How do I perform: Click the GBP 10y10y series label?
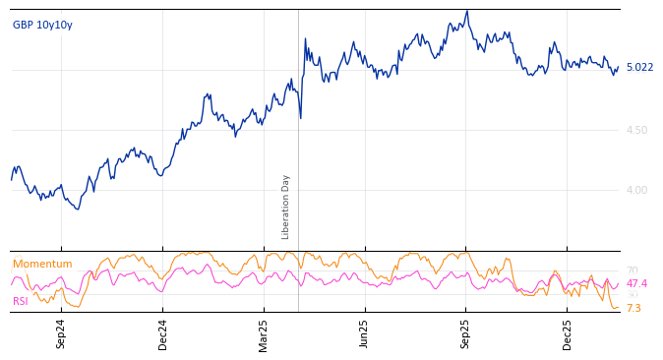[x=42, y=26]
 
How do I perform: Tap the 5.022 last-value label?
[x=639, y=68]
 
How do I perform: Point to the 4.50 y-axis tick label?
[x=636, y=130]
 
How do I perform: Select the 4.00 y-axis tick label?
[x=636, y=190]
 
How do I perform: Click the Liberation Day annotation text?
[x=286, y=207]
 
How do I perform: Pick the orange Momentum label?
[x=42, y=265]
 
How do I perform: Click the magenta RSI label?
[x=21, y=301]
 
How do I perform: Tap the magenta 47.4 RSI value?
[x=636, y=283]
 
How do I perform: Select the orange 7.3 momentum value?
[x=633, y=309]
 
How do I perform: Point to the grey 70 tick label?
[x=632, y=270]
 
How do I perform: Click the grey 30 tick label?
[x=632, y=295]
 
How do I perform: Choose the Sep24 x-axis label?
[x=61, y=333]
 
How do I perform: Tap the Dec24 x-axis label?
[x=163, y=333]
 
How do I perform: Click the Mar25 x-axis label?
[x=264, y=333]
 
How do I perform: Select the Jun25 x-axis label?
[x=364, y=333]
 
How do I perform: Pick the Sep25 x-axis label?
[x=465, y=333]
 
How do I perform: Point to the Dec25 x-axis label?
[x=567, y=333]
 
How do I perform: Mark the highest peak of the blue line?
[x=467, y=11]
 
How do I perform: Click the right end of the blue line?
[x=619, y=66]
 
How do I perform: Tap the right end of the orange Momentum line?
[x=619, y=308]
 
